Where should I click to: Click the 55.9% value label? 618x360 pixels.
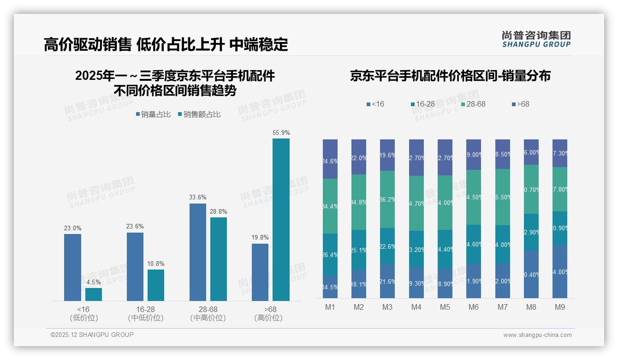tap(281, 133)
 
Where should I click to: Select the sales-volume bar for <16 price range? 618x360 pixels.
tap(72, 267)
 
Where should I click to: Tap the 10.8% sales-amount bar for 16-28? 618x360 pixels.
tap(156, 285)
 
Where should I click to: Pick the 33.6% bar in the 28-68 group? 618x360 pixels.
tap(198, 252)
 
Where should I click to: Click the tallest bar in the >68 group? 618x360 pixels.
tap(281, 220)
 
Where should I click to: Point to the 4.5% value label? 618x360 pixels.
tap(94, 282)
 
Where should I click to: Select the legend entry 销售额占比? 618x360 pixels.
tap(199, 114)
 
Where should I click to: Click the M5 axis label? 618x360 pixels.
tap(445, 307)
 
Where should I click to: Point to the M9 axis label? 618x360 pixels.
tap(559, 307)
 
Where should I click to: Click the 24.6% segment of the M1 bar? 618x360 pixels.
tap(330, 159)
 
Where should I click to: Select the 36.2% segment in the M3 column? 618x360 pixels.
tap(387, 199)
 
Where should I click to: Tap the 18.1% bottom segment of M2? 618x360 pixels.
tap(359, 284)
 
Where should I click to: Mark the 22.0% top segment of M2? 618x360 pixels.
tap(359, 157)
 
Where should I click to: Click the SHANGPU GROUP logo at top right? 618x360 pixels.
tap(536, 39)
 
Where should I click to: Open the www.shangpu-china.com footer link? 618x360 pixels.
tap(537, 335)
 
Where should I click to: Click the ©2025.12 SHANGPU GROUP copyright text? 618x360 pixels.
tap(92, 335)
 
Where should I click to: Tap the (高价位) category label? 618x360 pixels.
tap(268, 318)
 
